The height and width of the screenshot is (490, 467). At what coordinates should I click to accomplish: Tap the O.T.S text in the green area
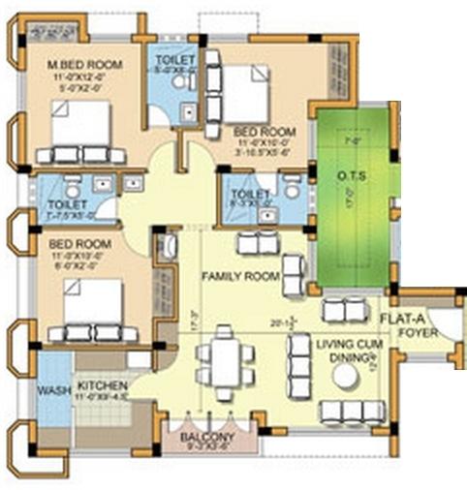click(352, 175)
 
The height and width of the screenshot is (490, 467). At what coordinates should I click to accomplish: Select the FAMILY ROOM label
click(240, 277)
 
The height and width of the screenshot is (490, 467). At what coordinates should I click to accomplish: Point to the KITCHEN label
click(103, 383)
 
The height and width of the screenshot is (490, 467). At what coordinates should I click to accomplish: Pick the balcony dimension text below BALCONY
click(205, 448)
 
